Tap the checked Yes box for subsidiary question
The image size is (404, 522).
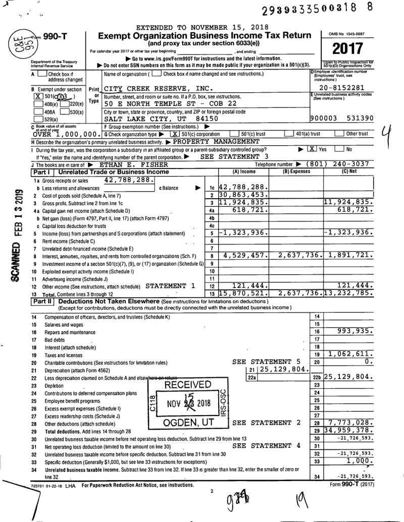[312, 150]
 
